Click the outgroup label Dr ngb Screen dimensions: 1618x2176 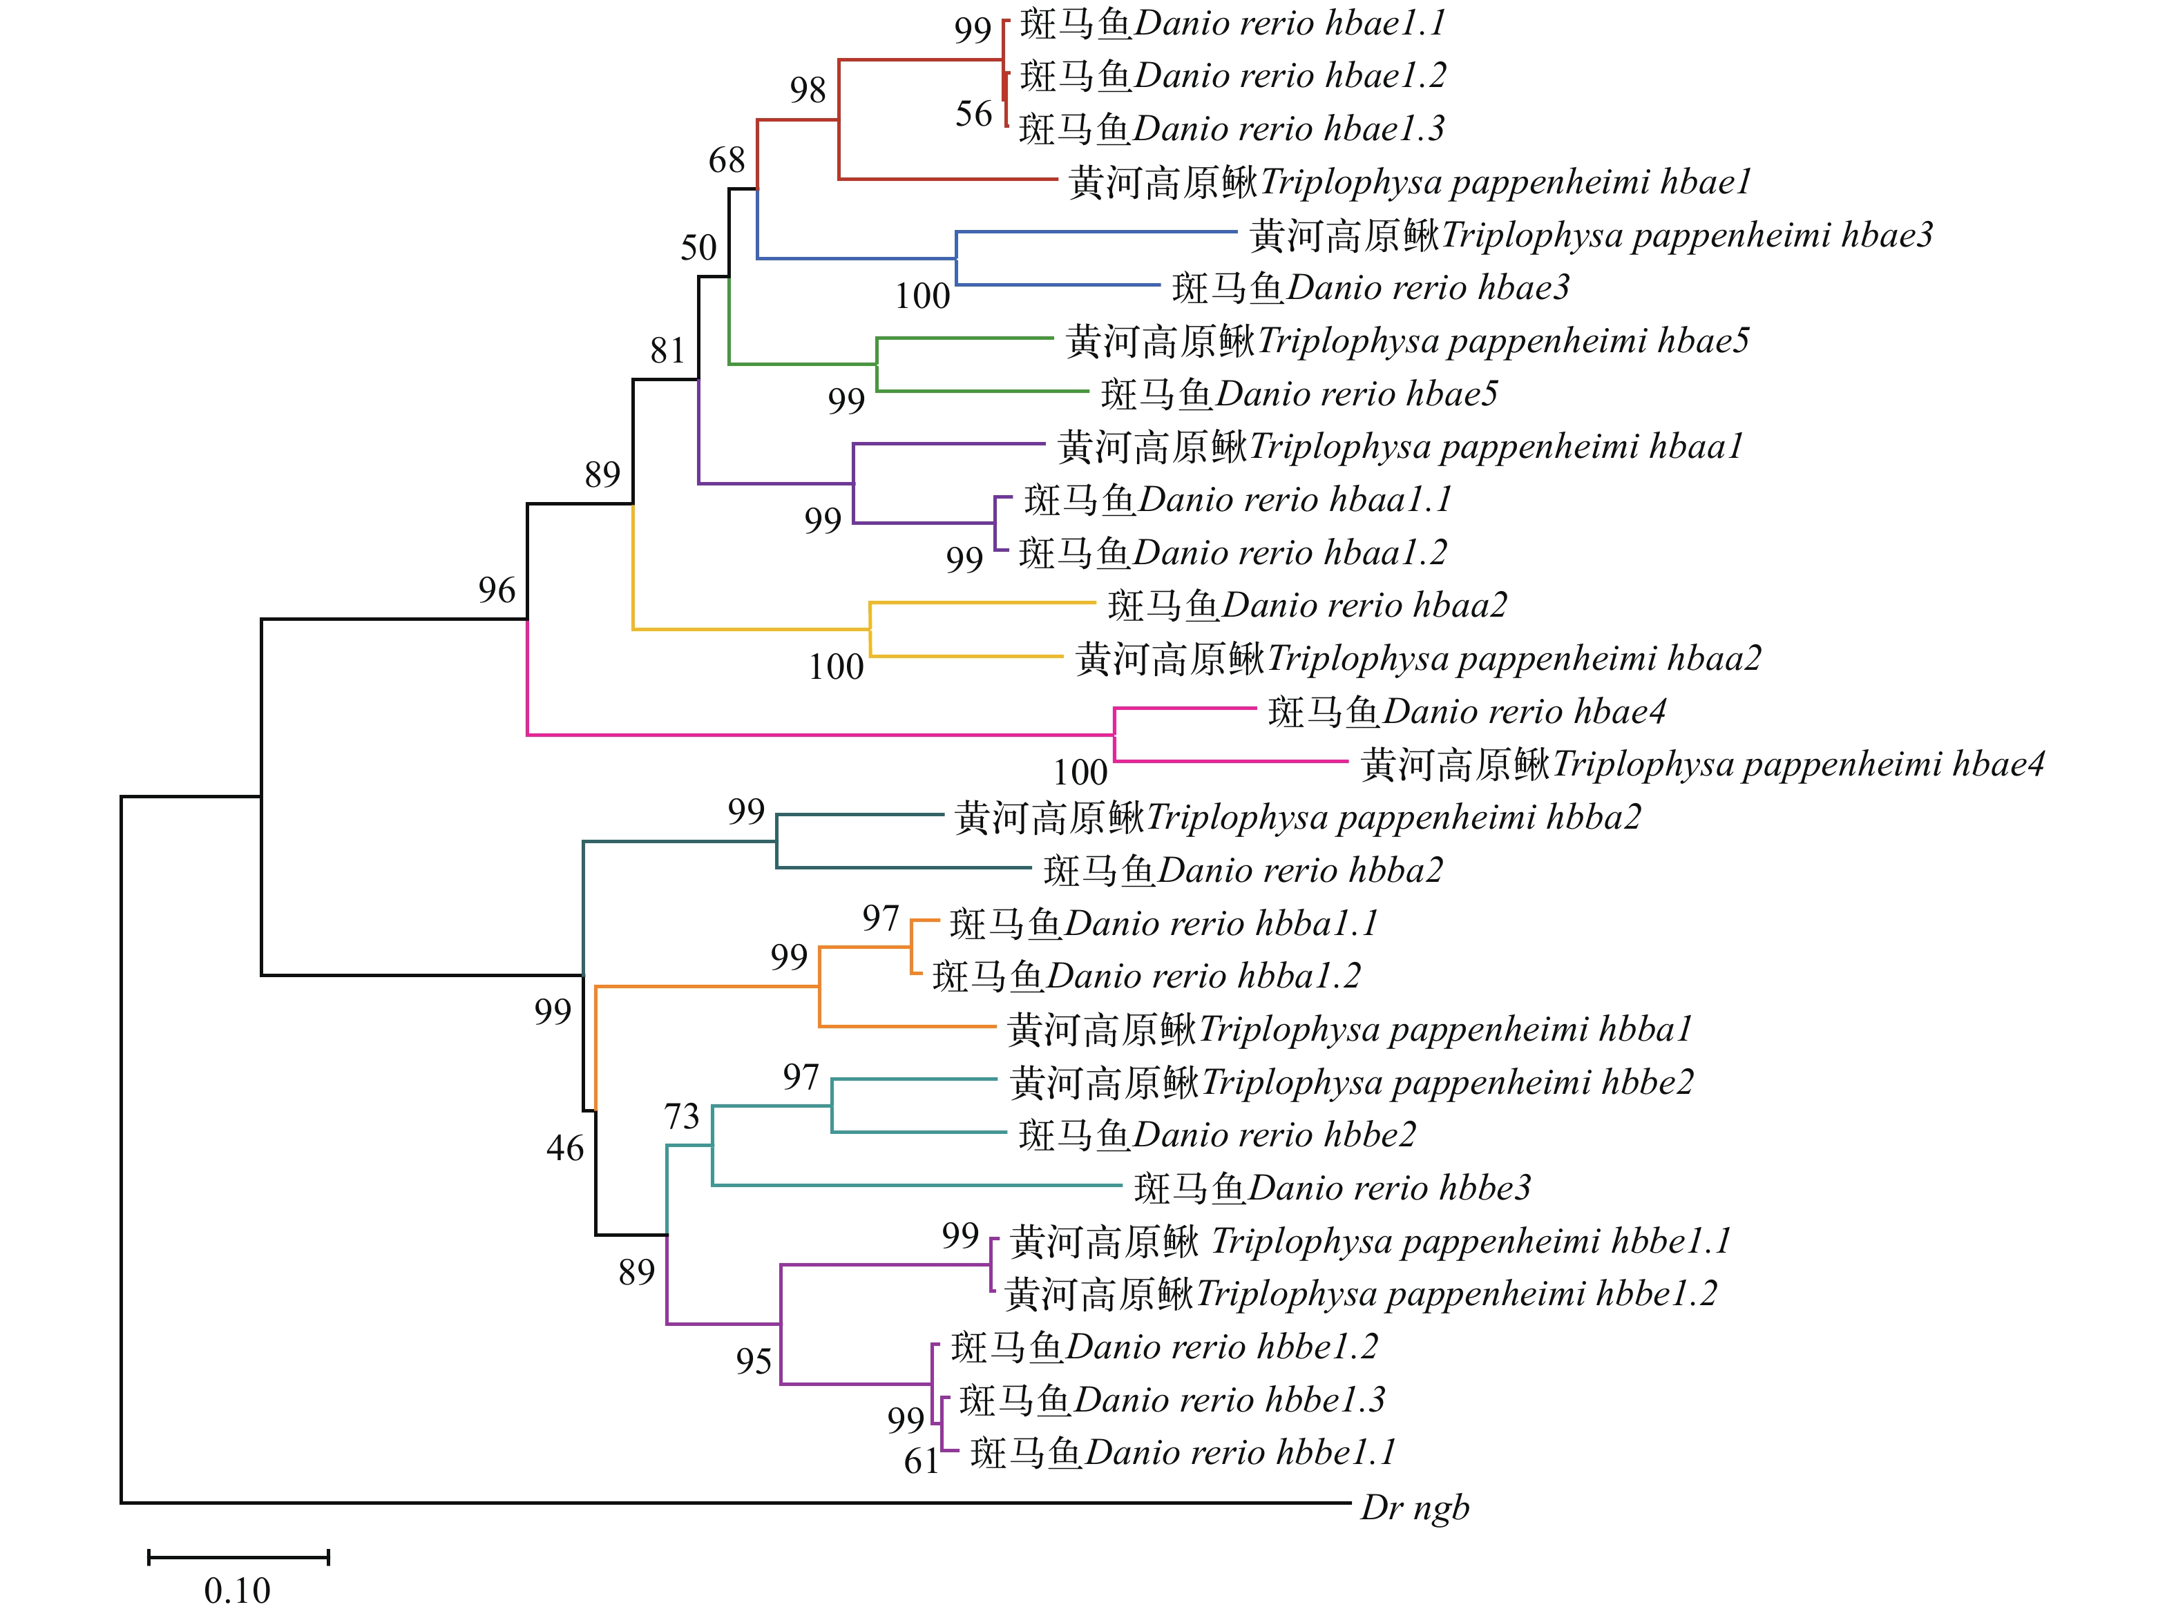(1414, 1508)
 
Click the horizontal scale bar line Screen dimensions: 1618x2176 (238, 1557)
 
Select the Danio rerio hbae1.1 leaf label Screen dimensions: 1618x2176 (1232, 23)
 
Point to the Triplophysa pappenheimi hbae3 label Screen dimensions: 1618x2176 (1590, 235)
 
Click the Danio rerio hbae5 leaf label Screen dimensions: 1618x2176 (1299, 394)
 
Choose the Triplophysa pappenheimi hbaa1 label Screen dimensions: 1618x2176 (1400, 447)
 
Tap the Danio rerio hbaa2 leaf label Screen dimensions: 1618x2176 (1307, 605)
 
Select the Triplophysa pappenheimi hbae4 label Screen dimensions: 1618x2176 (1702, 764)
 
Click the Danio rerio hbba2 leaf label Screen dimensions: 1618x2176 (1242, 869)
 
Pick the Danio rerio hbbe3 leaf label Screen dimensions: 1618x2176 (1331, 1188)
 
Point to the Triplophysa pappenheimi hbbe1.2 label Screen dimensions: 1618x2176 (1361, 1294)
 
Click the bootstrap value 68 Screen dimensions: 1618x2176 (727, 160)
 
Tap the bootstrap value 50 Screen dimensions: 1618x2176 (698, 248)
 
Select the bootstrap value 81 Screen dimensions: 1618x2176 (667, 349)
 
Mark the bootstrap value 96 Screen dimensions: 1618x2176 (497, 590)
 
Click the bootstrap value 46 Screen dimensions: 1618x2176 (564, 1148)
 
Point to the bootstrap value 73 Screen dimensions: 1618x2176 (682, 1115)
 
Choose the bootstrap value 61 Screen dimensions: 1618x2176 (921, 1461)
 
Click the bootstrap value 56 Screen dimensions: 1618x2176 (974, 114)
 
